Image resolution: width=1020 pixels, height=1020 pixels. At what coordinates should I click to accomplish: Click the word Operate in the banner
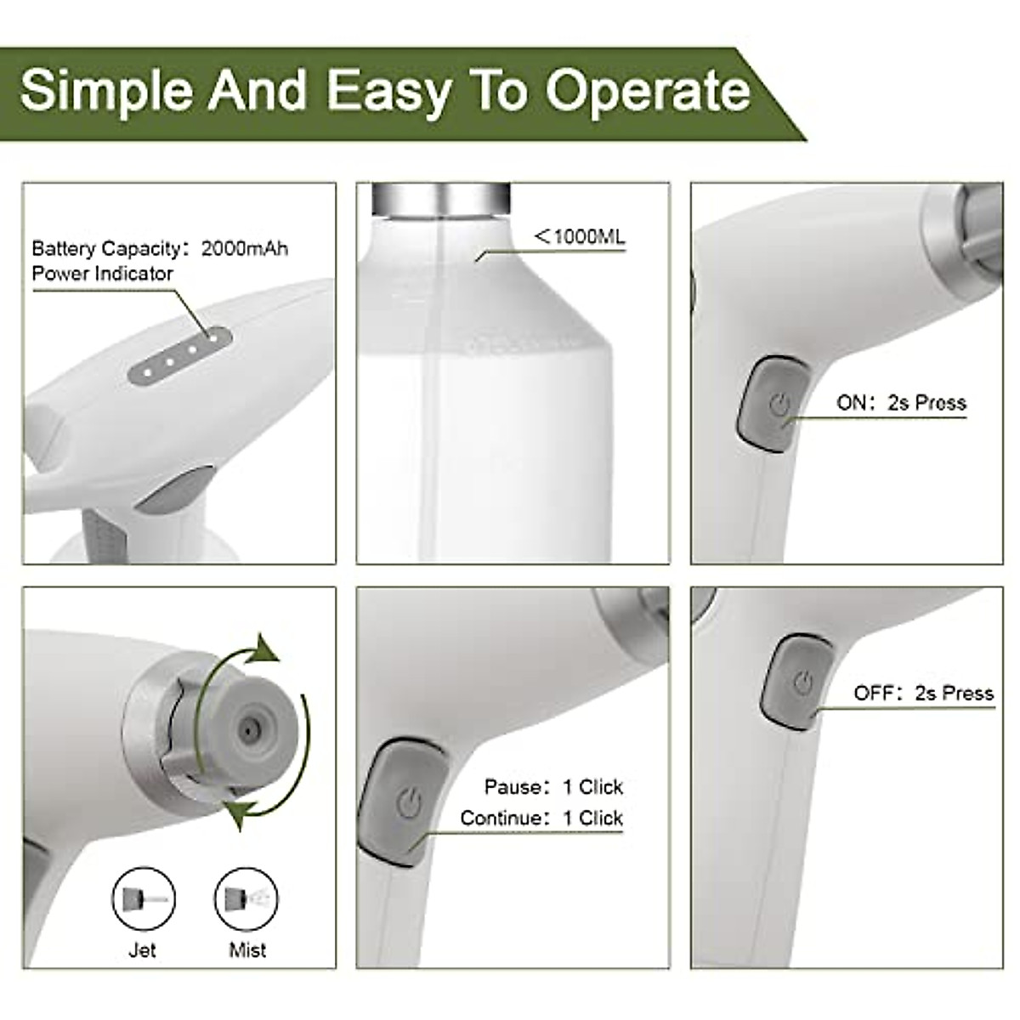648,91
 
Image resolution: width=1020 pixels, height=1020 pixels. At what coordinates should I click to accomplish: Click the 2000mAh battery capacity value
245,249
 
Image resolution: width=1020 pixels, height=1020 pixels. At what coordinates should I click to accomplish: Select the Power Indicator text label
102,274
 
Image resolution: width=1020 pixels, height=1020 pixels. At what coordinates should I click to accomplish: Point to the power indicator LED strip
180,355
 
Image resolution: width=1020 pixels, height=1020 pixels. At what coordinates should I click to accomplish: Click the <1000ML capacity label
580,237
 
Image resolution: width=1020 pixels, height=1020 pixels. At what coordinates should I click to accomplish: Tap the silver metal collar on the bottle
440,198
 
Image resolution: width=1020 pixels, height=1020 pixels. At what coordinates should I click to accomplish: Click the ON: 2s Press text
901,403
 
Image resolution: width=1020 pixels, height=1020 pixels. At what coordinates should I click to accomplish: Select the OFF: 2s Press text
923,694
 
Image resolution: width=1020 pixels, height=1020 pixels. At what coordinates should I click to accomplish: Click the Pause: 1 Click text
553,787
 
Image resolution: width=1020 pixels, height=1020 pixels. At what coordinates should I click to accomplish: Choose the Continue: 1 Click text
541,819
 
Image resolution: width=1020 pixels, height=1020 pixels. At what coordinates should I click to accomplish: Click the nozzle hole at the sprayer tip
248,729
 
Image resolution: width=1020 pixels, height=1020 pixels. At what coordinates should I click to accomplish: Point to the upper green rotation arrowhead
266,650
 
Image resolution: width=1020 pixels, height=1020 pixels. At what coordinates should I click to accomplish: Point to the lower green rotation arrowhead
237,814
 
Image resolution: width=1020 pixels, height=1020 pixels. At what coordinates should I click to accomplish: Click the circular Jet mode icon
143,899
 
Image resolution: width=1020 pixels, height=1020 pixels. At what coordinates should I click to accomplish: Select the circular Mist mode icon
246,899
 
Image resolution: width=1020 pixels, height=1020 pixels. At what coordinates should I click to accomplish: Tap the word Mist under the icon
246,950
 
